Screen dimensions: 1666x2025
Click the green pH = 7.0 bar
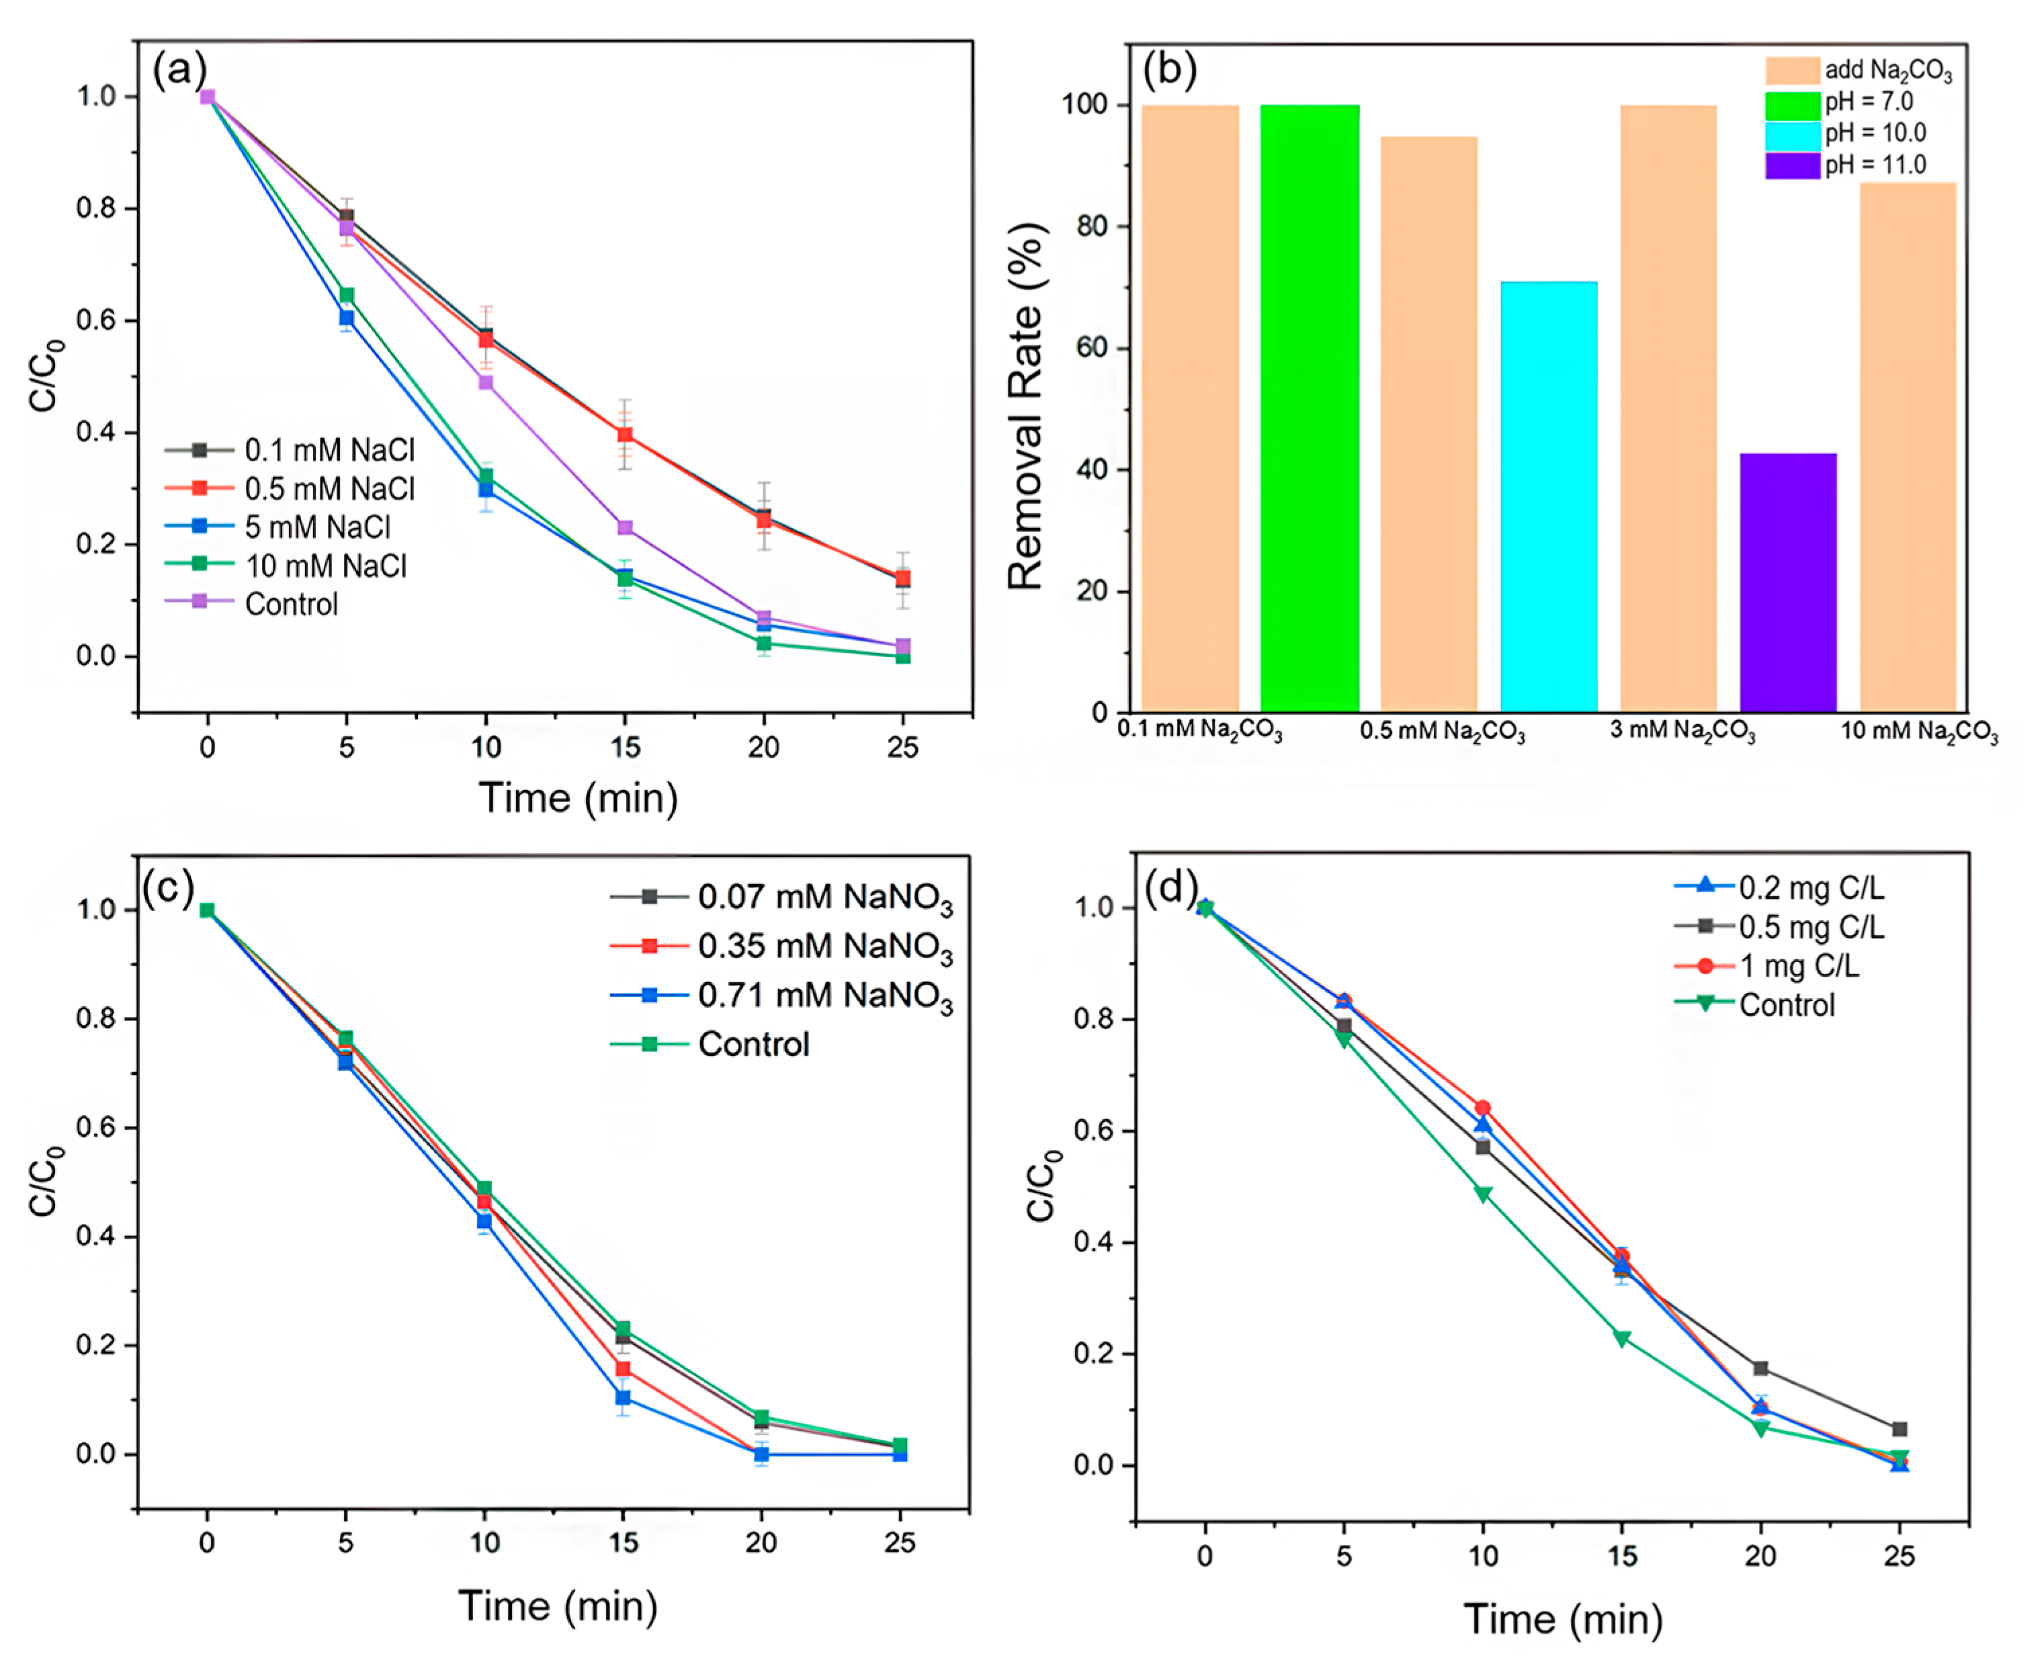coord(1309,408)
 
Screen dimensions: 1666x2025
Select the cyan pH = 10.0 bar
coord(1548,496)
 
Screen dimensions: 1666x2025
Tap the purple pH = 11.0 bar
coord(1787,582)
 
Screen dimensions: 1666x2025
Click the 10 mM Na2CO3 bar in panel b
coord(1907,446)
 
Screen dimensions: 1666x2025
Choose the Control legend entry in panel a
coord(291,604)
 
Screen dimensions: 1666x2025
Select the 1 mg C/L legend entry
coord(1799,965)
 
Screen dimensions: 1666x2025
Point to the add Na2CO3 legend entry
coord(1887,70)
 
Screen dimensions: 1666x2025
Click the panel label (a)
coord(179,70)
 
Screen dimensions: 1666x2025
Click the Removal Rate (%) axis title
coord(1025,405)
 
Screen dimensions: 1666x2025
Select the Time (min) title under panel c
coord(558,1606)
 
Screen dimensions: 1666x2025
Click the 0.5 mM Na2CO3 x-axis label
coord(1442,732)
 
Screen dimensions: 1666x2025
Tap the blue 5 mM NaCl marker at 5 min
coord(347,318)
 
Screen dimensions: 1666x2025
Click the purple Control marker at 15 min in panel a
coord(625,528)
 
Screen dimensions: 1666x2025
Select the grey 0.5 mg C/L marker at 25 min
coord(1898,1429)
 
